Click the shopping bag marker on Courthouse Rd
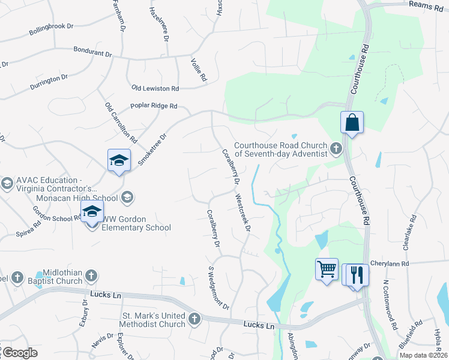click(x=352, y=123)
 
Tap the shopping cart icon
click(x=327, y=269)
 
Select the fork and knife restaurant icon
click(x=358, y=275)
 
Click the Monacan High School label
click(x=77, y=198)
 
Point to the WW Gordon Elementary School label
click(x=136, y=223)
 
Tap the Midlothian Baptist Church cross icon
click(x=91, y=276)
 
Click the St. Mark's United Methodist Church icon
click(x=194, y=319)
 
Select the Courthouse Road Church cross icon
click(x=336, y=148)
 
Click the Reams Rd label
click(x=425, y=4)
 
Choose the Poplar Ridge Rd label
click(x=154, y=106)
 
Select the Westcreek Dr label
click(x=243, y=212)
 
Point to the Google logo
click(x=19, y=353)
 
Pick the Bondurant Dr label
click(x=92, y=53)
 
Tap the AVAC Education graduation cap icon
click(x=7, y=184)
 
